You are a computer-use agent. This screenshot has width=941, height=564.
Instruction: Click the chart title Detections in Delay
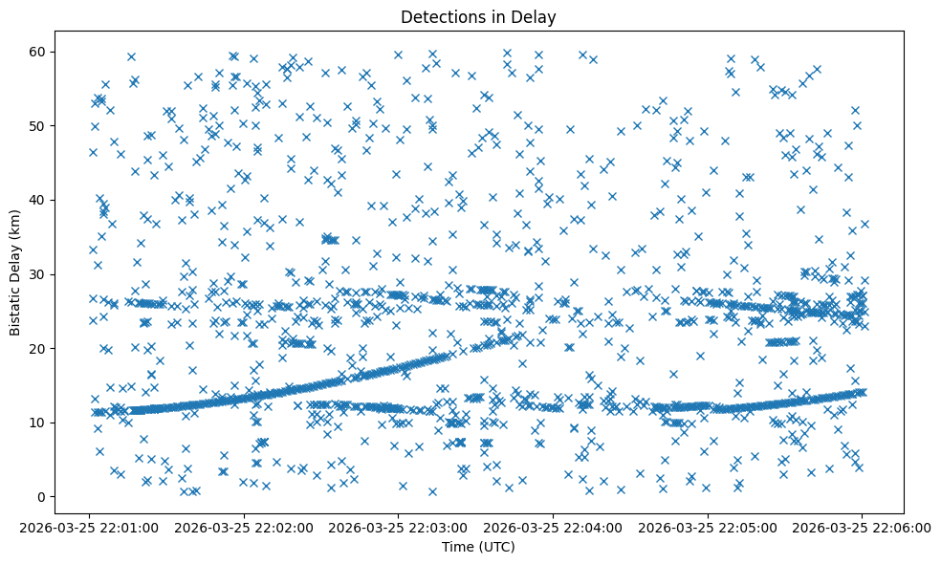(478, 17)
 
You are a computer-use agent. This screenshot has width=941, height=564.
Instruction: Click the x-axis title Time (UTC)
(478, 547)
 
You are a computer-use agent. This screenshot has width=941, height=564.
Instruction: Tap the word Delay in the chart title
(536, 17)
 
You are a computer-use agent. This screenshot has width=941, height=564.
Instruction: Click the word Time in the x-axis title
(456, 547)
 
